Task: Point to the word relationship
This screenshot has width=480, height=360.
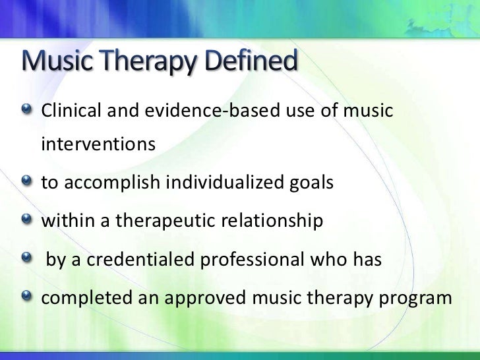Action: coord(271,221)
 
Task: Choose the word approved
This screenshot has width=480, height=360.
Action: coord(204,298)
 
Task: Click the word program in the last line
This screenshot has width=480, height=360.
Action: coord(418,298)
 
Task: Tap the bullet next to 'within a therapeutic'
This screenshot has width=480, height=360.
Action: coord(26,220)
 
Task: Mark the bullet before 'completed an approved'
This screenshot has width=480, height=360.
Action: coord(26,297)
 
